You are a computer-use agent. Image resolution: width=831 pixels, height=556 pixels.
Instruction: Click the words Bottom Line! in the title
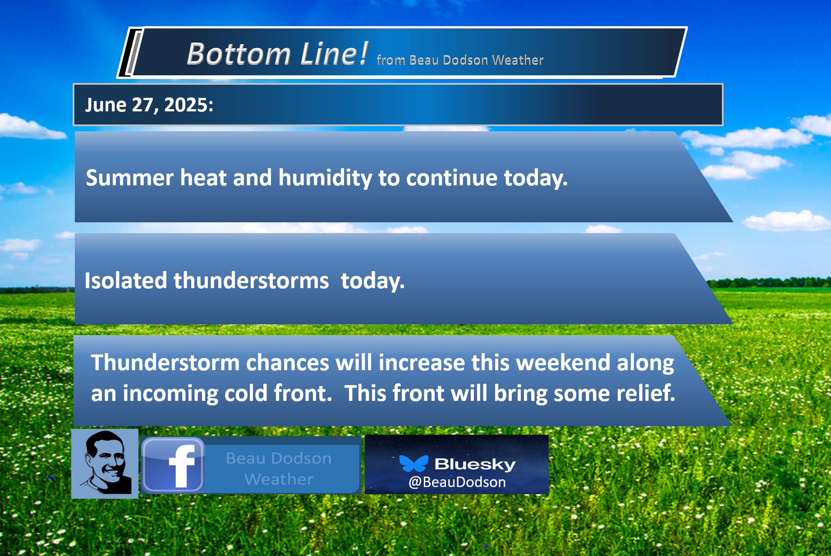[x=278, y=54]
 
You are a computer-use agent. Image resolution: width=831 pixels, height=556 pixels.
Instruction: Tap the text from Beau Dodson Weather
[x=460, y=60]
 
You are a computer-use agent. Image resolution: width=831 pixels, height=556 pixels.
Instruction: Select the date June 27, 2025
[x=149, y=105]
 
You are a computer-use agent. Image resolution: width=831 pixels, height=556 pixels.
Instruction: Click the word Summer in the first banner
[x=129, y=178]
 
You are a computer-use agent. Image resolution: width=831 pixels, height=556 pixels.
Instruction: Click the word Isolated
[x=126, y=280]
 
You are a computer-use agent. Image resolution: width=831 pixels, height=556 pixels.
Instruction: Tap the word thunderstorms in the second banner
[x=251, y=280]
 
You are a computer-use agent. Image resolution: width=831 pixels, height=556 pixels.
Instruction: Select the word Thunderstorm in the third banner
[x=165, y=363]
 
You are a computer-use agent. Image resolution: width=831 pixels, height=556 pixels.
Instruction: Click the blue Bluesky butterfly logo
[x=413, y=463]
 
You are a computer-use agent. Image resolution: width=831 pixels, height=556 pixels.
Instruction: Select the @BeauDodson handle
[x=457, y=482]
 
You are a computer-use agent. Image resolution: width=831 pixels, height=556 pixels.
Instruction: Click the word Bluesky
[x=475, y=464]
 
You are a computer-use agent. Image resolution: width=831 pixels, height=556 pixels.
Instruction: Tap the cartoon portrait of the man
[x=105, y=464]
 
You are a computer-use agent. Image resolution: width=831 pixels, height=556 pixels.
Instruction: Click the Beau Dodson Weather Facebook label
[x=279, y=469]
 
